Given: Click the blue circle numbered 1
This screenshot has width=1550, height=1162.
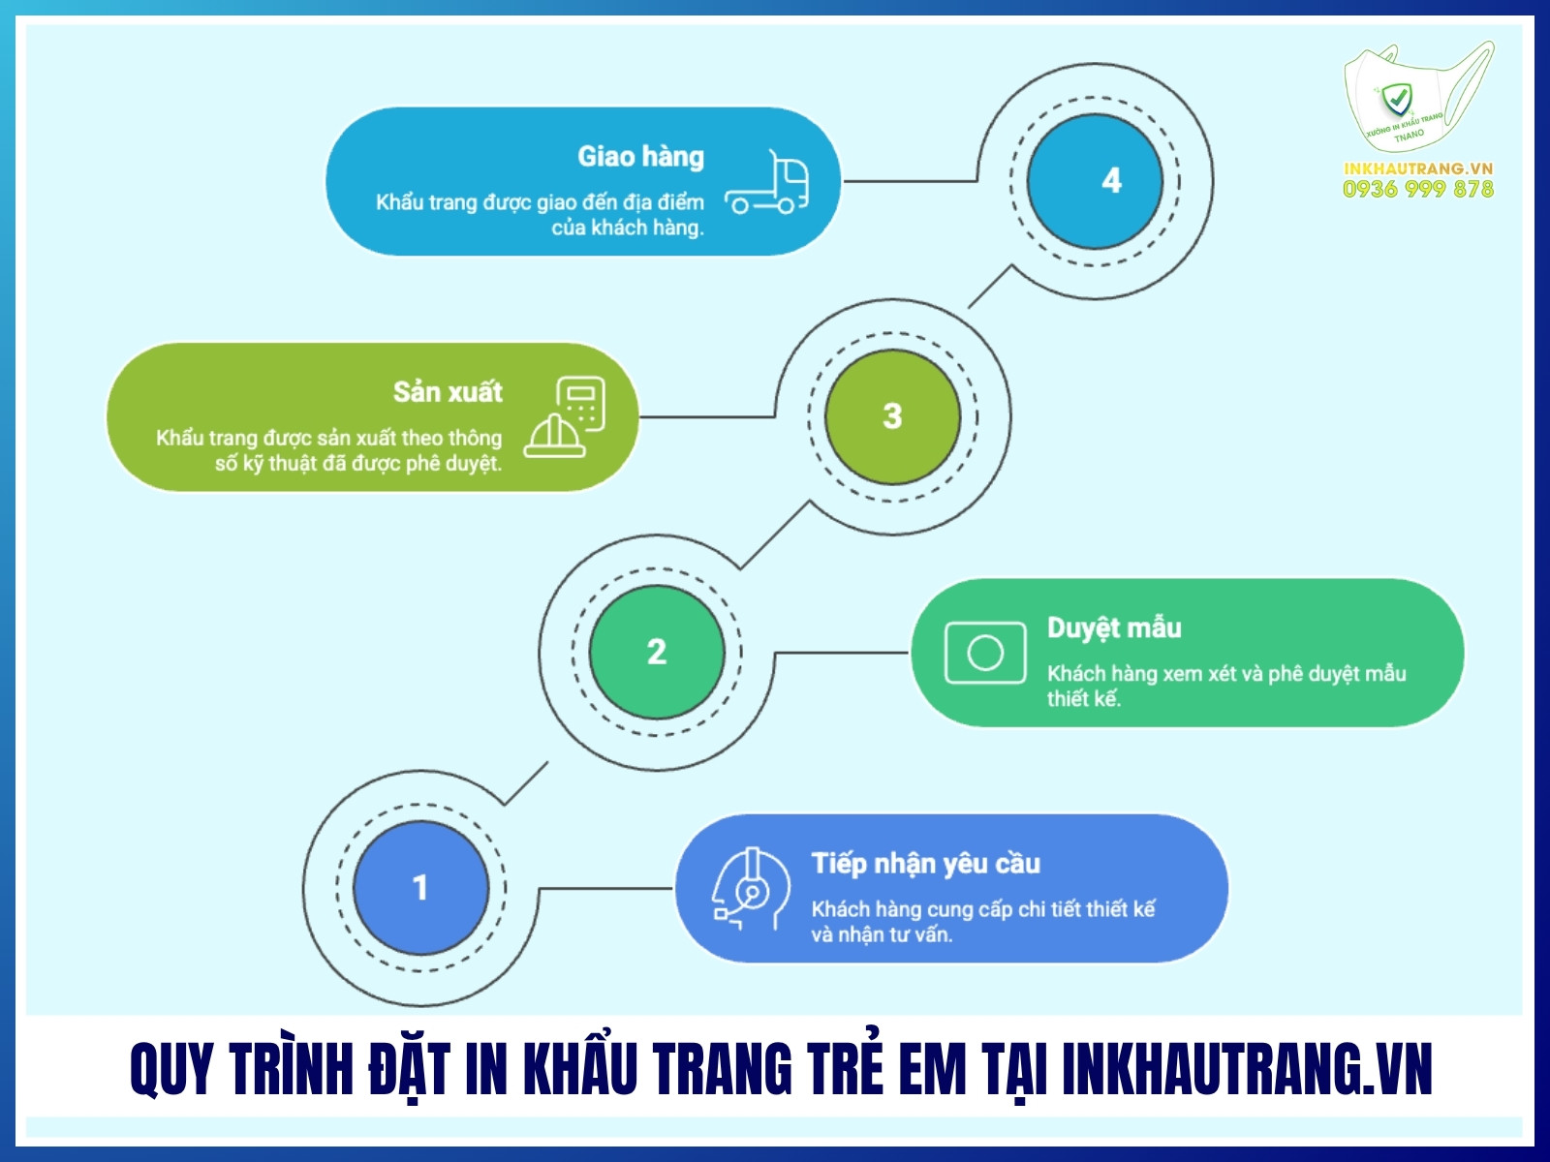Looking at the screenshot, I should click(420, 888).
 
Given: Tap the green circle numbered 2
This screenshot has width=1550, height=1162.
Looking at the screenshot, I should click(657, 652).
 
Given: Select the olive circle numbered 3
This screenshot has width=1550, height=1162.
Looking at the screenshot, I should click(892, 416).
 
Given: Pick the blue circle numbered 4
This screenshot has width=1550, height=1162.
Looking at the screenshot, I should click(1095, 181).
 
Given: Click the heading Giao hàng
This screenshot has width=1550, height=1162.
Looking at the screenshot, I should click(640, 157).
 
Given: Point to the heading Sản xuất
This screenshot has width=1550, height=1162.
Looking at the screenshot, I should click(448, 392).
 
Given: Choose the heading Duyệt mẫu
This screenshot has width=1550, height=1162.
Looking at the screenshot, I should click(1114, 628).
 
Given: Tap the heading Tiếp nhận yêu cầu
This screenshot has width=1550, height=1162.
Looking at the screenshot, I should click(925, 864).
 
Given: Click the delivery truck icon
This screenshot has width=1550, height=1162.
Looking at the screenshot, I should click(768, 183).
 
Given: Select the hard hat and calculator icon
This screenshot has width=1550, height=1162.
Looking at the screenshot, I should click(566, 418).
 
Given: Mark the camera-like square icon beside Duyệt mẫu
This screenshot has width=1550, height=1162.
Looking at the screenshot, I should click(985, 653).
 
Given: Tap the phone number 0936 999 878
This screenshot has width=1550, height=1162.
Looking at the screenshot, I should click(1418, 190).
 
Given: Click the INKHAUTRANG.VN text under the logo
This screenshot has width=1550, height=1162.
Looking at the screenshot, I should click(1418, 168).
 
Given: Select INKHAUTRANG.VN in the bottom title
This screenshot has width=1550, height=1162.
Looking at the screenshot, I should click(1247, 1070).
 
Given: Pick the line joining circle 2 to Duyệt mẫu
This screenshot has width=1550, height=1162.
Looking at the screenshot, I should click(841, 653).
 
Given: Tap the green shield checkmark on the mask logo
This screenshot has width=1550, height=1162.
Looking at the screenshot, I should click(1396, 98).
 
